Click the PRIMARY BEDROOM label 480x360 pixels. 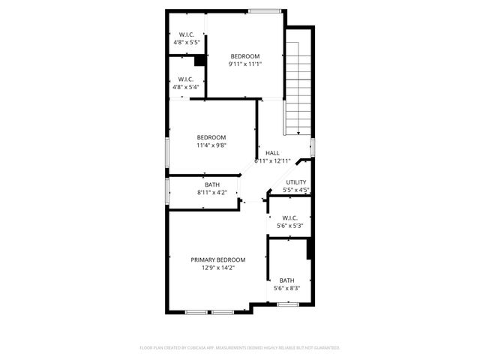217,259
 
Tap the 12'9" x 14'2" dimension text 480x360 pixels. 217,268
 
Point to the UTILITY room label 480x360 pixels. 296,182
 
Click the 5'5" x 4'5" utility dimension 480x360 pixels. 296,190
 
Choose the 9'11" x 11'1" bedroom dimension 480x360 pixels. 244,64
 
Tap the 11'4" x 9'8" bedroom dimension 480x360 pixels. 211,145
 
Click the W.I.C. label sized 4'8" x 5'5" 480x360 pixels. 186,34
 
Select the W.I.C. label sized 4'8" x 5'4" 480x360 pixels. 186,79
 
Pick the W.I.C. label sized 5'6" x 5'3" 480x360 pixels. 291,218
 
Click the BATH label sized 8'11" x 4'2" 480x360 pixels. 212,184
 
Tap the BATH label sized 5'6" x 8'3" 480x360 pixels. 287,280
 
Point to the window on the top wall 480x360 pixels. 265,10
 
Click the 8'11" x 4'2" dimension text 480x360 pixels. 212,193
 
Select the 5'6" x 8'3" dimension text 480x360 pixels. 287,288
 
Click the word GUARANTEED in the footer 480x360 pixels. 326,348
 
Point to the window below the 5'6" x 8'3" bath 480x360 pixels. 288,304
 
